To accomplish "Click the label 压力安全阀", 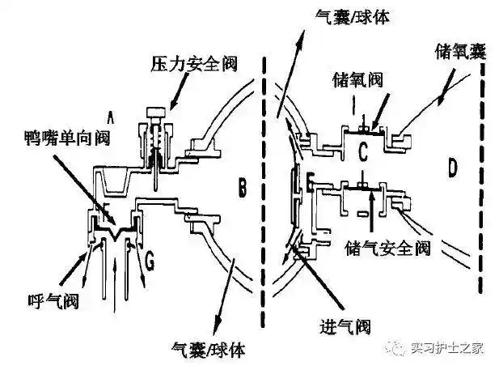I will coord(182,62).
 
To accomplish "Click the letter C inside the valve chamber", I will coord(363,147).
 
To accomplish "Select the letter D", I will coord(453,168).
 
